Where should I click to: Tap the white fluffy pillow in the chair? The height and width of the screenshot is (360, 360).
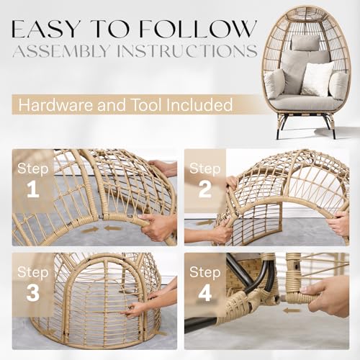pos(316,78)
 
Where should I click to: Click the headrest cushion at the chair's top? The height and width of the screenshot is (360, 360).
pos(305,43)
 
